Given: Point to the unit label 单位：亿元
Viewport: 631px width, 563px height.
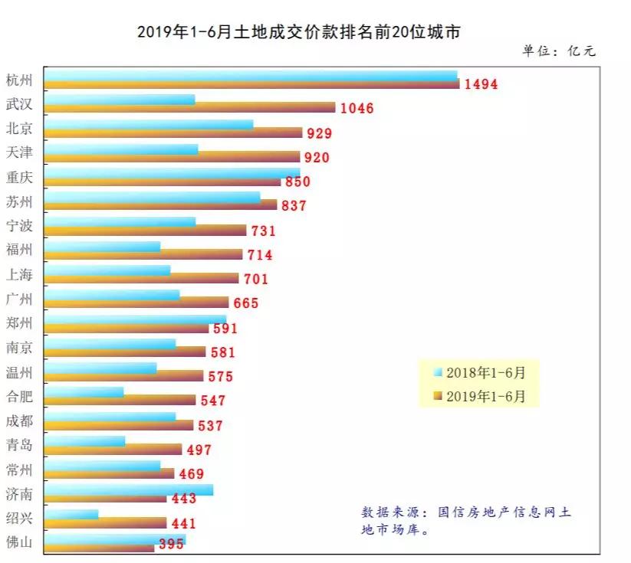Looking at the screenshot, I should tap(559, 51).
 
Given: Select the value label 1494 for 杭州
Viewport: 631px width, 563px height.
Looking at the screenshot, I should tap(481, 84).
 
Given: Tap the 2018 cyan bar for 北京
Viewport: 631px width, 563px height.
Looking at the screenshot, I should tap(149, 124).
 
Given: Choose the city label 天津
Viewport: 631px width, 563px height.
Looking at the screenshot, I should tap(19, 152).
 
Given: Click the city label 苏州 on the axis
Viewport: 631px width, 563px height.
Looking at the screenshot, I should tap(19, 201).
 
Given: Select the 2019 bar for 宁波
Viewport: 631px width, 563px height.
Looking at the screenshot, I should tap(146, 230).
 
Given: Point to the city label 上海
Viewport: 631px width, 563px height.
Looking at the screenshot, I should tap(19, 274).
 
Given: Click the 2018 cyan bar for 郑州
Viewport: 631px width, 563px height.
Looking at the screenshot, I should tap(135, 319).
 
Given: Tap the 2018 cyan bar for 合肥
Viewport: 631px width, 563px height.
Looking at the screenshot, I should tap(84, 392).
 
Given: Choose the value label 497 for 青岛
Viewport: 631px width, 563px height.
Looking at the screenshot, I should tap(199, 450).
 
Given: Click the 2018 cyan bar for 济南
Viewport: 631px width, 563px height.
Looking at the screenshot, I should tap(129, 489).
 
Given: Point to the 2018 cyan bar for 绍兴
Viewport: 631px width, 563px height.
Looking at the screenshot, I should tap(71, 514).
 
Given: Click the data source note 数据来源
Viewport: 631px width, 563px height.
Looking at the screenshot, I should tap(465, 520).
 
